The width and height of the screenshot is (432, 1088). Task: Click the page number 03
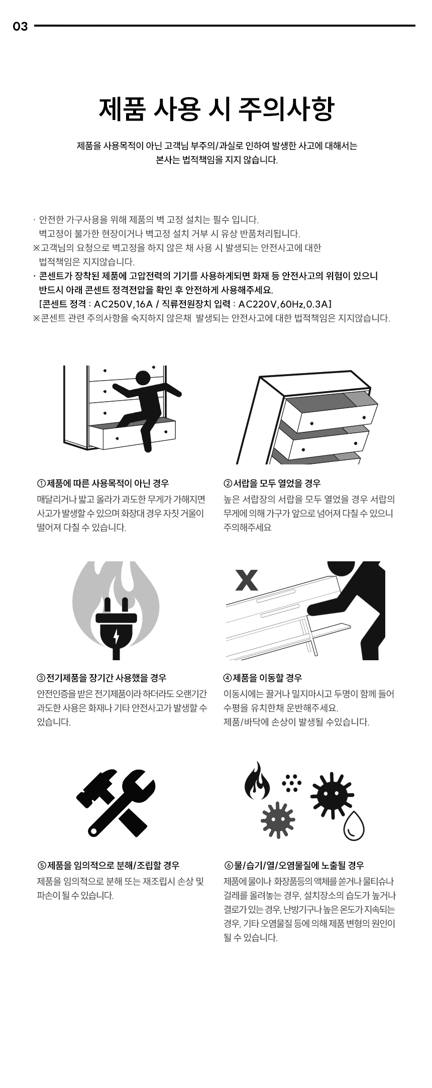20,27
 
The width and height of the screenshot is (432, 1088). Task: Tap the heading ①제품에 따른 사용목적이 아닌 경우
103,483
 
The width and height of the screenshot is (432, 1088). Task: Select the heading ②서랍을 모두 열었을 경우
272,483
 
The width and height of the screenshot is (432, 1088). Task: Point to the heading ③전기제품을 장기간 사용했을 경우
101,678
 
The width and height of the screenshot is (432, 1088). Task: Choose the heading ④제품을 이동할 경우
263,678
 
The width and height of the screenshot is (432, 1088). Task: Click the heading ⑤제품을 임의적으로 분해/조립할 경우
108,866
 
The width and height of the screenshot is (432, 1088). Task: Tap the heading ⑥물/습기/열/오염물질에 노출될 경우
294,866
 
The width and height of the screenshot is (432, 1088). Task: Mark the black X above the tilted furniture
247,580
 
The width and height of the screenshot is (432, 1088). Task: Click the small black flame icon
257,781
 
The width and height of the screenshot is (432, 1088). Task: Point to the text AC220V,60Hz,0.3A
283,304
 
